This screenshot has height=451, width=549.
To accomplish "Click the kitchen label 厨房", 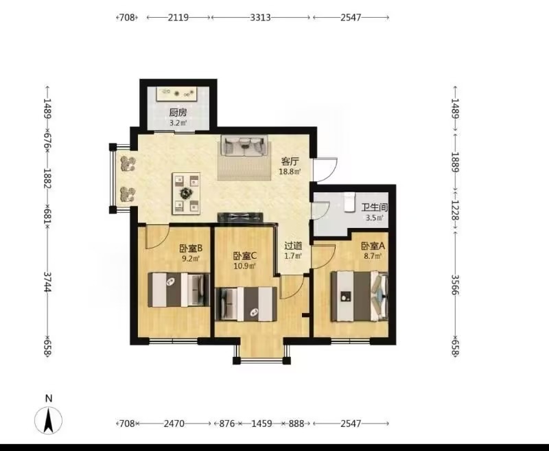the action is (178, 113).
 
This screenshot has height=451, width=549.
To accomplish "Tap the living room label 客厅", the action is (290, 162).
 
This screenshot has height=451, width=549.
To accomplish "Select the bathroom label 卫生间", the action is (375, 207).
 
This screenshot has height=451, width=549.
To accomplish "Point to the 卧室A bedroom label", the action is (373, 246).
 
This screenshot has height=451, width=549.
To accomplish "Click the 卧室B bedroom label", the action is (191, 248).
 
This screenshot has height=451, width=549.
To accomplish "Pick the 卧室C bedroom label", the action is (245, 256).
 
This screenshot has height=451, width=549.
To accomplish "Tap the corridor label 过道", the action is (293, 246).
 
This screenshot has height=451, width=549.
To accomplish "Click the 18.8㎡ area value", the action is (290, 172).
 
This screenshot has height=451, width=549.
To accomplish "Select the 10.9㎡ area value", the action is (245, 266).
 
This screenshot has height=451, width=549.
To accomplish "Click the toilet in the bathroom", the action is (349, 202).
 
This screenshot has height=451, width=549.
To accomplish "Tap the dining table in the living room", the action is (186, 194).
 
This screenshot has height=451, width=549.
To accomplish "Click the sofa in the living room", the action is (244, 146).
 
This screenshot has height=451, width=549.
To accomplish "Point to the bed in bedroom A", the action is (360, 297).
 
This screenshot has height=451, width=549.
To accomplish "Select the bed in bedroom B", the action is (178, 290).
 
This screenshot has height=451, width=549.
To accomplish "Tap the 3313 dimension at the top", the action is (260, 17).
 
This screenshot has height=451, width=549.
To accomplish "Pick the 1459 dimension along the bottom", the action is (261, 424).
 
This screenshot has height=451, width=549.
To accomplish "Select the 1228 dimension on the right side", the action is (454, 210).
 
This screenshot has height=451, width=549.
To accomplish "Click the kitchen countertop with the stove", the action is (176, 93).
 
